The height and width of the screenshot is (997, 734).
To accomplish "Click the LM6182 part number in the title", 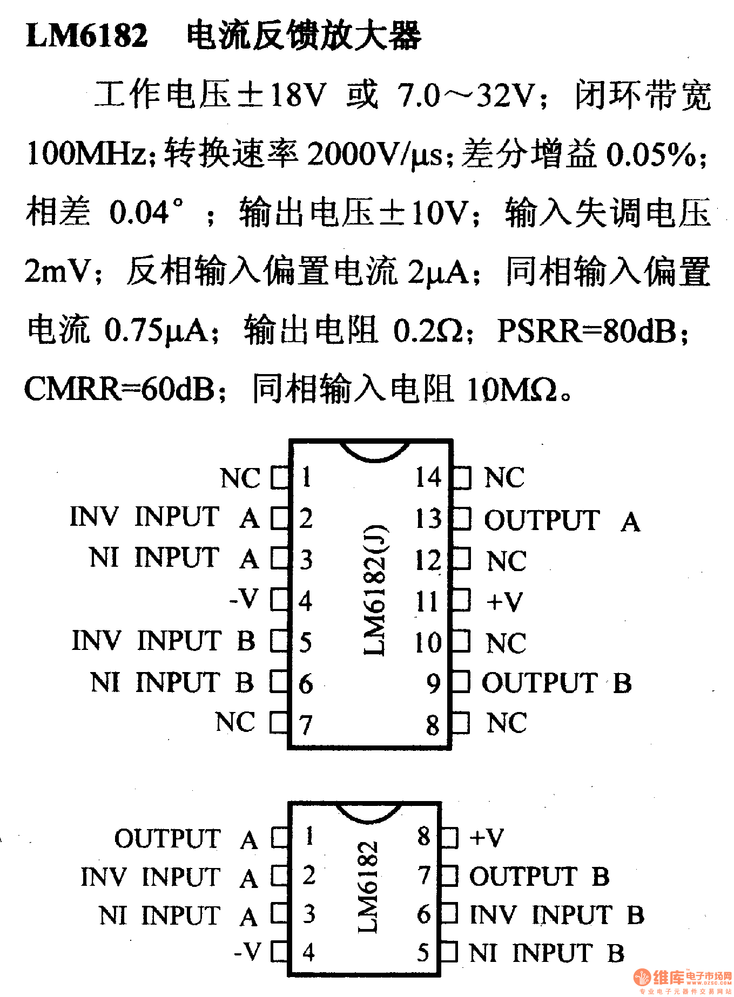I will pos(86,36).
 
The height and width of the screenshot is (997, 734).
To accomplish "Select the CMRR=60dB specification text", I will pos(119,389).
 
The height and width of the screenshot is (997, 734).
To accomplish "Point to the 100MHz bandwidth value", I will pos(86,153).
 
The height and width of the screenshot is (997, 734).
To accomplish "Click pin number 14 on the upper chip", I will pos(428,478).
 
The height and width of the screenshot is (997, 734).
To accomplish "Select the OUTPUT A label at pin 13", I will pos(562,520).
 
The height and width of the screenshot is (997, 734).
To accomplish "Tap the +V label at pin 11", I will pos(504,601).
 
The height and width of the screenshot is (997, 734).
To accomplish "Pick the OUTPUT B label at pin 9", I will pos(556,683).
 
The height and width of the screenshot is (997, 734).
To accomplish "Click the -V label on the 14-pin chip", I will pos(245,599).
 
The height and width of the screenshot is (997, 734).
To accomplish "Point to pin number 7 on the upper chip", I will pos(306,724).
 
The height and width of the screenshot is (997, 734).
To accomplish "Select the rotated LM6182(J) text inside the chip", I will pos(374,589).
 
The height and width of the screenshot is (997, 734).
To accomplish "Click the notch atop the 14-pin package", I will pos(374,451).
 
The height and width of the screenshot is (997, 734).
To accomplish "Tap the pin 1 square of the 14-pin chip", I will pos(279,478).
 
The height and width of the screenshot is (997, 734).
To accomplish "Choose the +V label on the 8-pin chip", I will pos(486,837).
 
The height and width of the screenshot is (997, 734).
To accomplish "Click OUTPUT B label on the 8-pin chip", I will pos(539,876).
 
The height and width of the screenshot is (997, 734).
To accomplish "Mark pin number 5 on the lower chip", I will pos(423,953).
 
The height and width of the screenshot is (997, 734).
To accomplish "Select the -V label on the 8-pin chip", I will pos(248,951).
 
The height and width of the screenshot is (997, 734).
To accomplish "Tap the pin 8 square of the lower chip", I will pos(449,837).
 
